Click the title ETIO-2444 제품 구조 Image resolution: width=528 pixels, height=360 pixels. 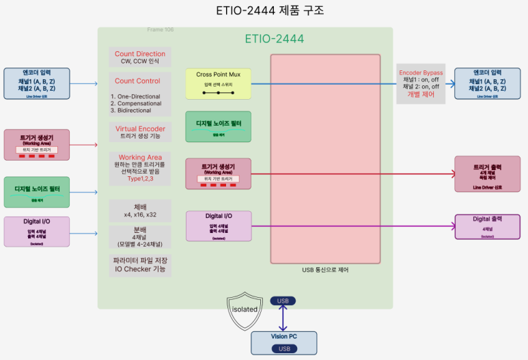(x=264, y=11)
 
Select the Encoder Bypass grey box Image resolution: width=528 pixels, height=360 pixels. (x=421, y=84)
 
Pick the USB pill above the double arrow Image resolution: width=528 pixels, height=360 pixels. (x=283, y=301)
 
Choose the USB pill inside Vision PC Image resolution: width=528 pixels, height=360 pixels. (x=283, y=348)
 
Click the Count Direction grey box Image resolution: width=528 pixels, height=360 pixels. (x=140, y=57)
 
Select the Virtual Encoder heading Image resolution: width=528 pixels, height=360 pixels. (x=140, y=128)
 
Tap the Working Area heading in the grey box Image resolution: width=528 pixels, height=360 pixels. (x=140, y=158)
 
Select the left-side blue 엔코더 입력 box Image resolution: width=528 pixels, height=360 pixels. (x=37, y=83)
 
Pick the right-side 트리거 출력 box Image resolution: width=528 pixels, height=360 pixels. (x=487, y=175)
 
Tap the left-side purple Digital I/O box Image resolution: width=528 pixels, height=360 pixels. (x=37, y=231)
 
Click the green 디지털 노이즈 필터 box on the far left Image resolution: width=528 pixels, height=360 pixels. (x=37, y=192)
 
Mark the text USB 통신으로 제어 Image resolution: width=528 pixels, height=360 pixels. (x=324, y=269)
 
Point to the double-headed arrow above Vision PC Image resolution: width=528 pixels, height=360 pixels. (x=283, y=318)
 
